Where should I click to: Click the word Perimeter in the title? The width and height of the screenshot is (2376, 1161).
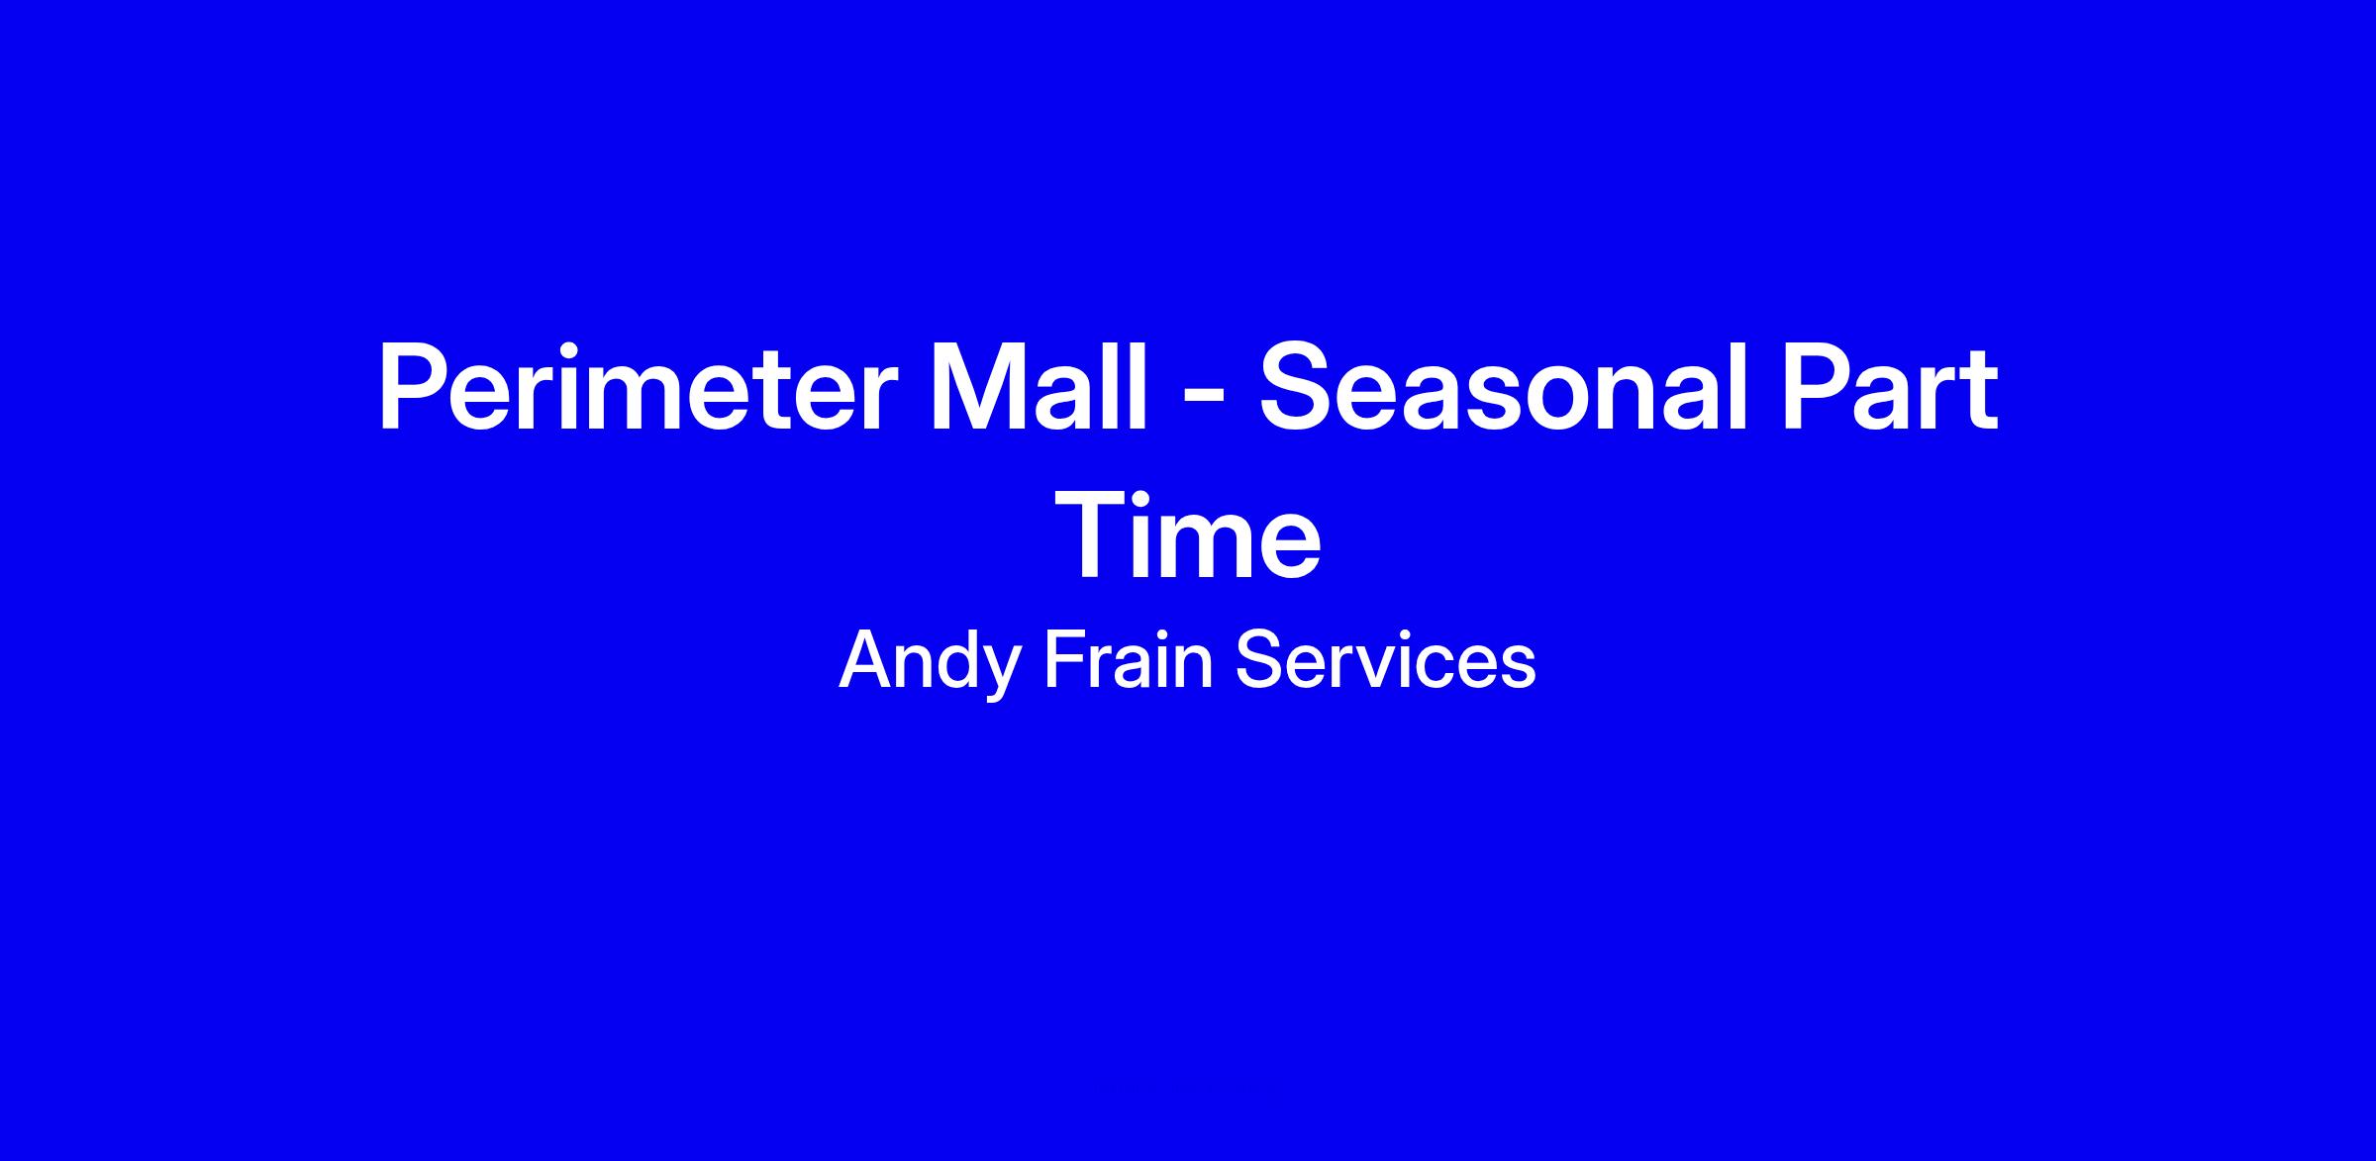636,386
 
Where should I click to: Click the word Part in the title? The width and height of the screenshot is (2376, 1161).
1889,386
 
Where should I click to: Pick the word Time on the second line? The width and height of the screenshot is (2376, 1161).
1188,534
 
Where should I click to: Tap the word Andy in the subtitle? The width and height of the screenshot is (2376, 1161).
930,661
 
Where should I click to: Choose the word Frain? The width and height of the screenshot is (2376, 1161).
1129,659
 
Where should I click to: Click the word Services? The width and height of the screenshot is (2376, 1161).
1386,659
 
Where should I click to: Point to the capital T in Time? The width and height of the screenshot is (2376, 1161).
1092,534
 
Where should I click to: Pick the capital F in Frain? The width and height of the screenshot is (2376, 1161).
1065,659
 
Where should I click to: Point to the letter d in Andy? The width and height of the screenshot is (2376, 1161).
948,659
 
